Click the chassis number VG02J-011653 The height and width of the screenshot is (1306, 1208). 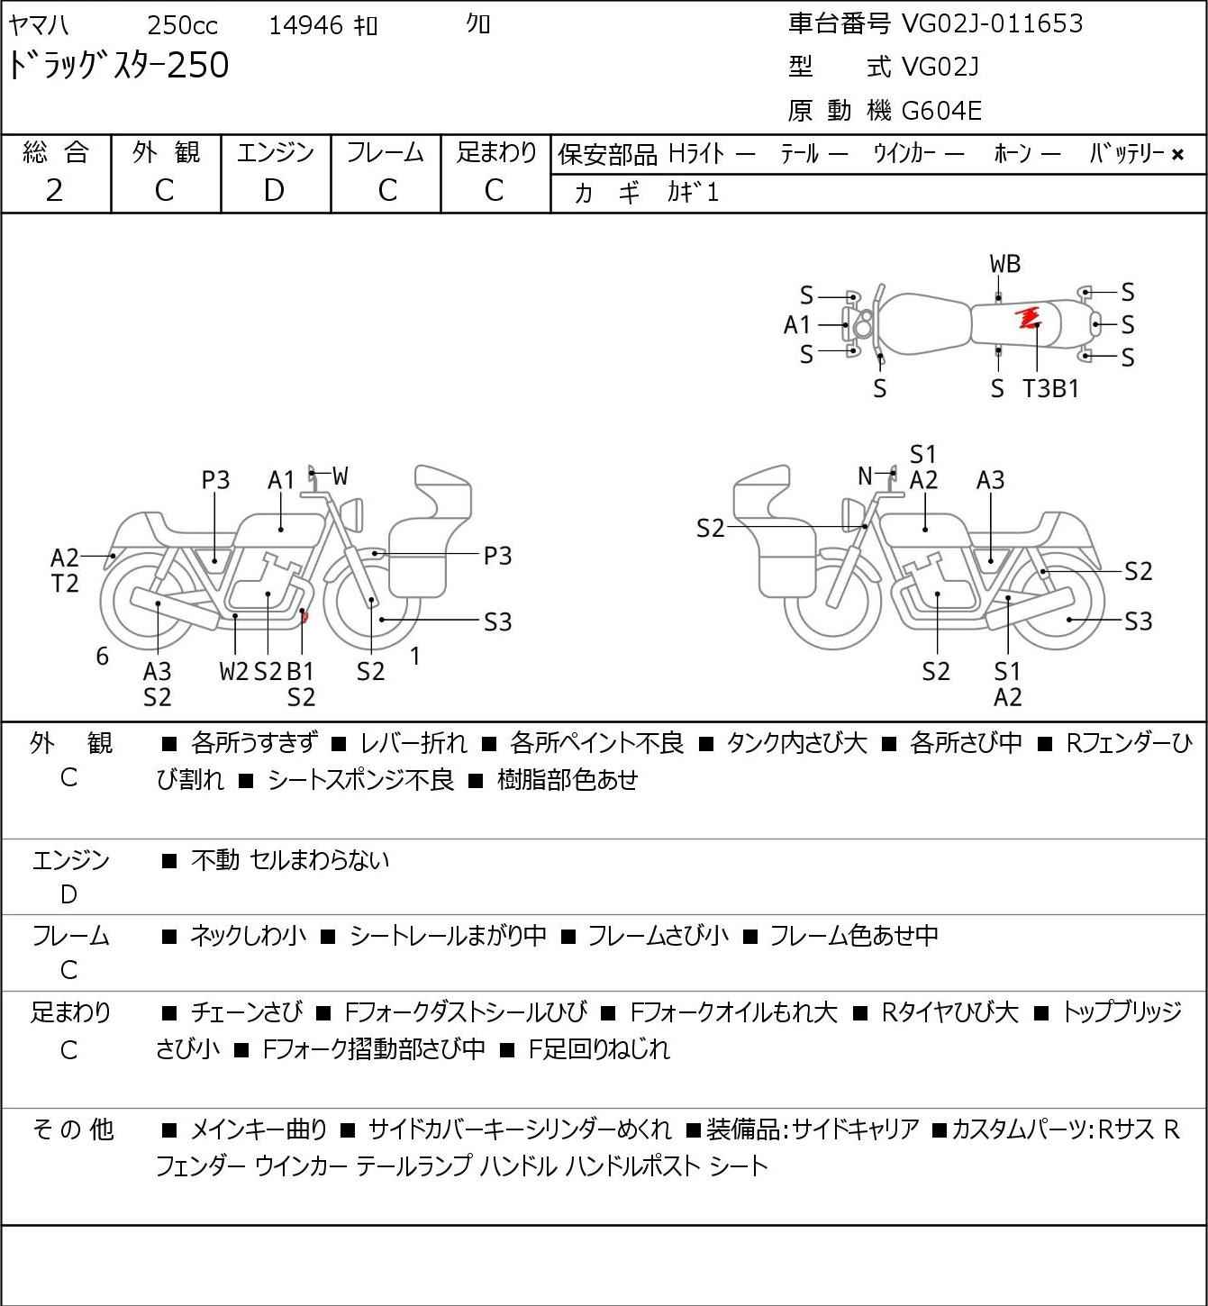tap(992, 24)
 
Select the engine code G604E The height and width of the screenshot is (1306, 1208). tap(941, 111)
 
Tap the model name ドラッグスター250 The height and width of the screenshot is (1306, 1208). tap(118, 66)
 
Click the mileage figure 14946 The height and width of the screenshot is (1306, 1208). tap(306, 26)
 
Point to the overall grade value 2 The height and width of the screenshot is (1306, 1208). tap(55, 191)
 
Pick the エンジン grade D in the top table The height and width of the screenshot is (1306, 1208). tap(275, 191)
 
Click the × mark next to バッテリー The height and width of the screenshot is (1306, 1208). tap(1177, 155)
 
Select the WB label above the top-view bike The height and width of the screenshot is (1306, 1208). tap(1004, 265)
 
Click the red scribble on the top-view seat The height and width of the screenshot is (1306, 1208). tap(1027, 318)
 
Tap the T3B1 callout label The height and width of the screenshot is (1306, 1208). tap(1050, 388)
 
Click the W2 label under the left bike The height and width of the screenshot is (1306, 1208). tap(234, 671)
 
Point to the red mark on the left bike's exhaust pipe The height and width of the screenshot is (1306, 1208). tap(304, 617)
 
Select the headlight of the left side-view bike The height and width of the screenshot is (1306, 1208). tap(352, 514)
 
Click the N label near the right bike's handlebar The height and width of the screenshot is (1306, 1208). tap(865, 476)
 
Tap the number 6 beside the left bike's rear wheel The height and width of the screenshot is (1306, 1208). tap(102, 656)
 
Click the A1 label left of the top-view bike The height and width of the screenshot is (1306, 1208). tap(797, 325)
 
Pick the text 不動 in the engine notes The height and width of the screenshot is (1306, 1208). tap(215, 859)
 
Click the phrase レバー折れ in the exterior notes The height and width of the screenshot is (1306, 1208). tap(413, 743)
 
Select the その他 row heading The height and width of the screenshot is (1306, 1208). tap(72, 1129)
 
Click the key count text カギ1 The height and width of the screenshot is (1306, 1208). tap(692, 193)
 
